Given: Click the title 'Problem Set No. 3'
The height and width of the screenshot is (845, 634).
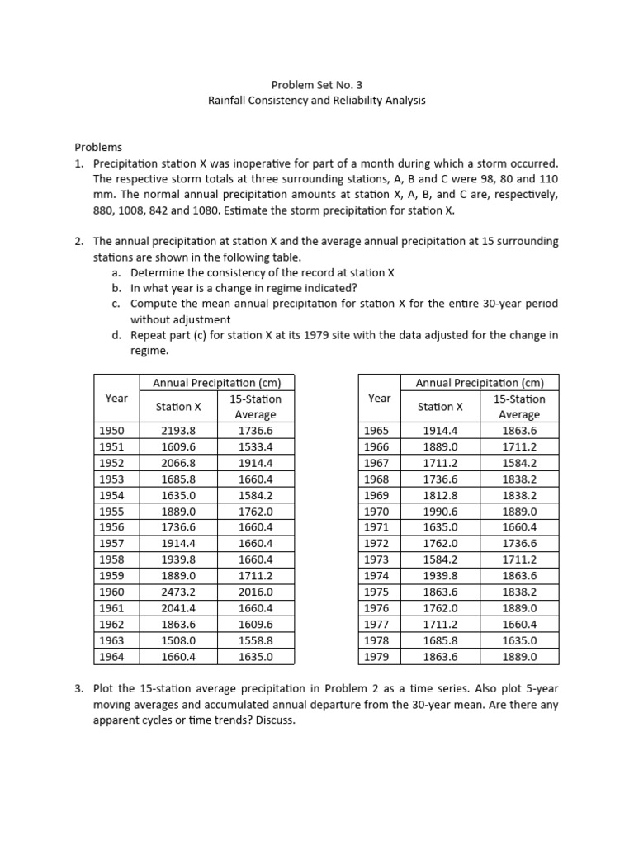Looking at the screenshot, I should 317,85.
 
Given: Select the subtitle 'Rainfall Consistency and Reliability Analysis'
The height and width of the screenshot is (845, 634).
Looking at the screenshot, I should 317,101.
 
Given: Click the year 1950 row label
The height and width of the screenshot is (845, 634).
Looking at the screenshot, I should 111,431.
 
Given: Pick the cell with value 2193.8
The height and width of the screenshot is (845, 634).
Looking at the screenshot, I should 179,431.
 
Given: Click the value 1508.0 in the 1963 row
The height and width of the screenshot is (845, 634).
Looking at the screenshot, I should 179,641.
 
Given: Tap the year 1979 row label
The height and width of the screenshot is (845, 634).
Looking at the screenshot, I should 376,657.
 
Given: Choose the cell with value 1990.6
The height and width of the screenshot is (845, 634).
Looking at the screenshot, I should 442,511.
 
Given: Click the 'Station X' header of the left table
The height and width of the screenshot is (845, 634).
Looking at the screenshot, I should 179,407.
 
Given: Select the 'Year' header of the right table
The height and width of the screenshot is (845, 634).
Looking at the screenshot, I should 380,399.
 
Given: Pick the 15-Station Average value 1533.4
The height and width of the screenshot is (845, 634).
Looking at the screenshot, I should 255,446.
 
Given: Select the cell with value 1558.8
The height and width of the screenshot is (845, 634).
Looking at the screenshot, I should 255,641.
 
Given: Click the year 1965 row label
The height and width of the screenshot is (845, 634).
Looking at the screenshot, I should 376,431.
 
